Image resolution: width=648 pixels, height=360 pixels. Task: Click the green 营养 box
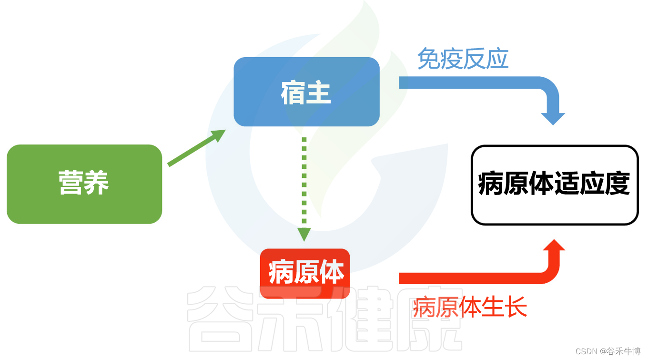tap(84, 184)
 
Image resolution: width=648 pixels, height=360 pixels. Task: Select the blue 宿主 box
tap(306, 92)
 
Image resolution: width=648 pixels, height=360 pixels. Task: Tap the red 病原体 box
tap(305, 273)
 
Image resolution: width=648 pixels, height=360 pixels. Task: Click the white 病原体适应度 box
tap(555, 185)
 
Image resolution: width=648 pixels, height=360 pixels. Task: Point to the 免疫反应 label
tap(463, 59)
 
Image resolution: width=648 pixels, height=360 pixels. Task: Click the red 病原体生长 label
tap(470, 307)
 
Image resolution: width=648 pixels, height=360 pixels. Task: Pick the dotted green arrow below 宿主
tap(304, 186)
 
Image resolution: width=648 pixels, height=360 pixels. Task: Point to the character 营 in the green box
tap(71, 183)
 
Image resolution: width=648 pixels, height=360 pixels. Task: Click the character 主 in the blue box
tap(319, 93)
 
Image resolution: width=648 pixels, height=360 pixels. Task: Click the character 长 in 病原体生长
tap(516, 307)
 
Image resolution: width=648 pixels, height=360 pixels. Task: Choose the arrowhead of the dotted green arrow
tap(304, 234)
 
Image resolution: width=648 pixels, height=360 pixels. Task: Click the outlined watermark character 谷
tap(219, 319)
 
